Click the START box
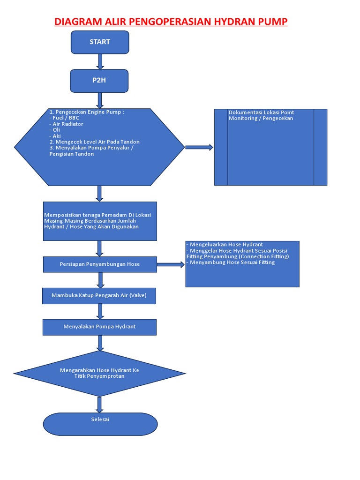(100, 42)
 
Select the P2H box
(99, 81)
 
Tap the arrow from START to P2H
(100, 61)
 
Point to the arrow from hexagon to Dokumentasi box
(199, 147)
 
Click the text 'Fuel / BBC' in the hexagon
(66, 118)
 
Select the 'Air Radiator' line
(67, 124)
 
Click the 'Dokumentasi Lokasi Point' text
(261, 112)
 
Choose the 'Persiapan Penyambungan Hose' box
(100, 264)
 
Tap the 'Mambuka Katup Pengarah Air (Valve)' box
(99, 296)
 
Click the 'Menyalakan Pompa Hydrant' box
(99, 327)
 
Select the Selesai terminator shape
(100, 424)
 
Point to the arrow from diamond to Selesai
(99, 405)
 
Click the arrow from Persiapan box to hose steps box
(171, 264)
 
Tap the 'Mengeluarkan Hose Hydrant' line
(226, 245)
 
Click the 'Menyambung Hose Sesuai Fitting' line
(232, 262)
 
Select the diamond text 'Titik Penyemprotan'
(99, 376)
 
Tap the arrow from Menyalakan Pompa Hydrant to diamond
(100, 343)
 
